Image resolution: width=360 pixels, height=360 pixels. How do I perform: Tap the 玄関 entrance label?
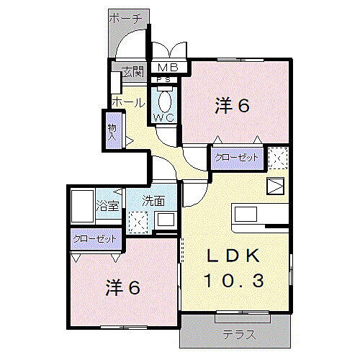132,72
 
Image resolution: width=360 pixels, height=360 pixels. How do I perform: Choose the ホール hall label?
127,103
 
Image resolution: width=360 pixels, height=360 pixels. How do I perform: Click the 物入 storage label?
112,131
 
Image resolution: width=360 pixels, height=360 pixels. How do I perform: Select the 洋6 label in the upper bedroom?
232,107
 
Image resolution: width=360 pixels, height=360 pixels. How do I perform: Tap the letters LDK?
233,257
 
